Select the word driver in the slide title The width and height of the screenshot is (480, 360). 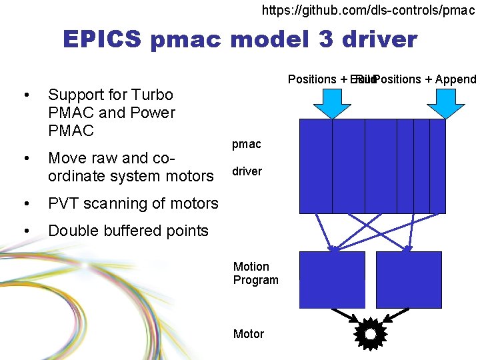[379, 39]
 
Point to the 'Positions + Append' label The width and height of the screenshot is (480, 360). [425, 79]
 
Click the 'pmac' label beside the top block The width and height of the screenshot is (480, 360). [246, 144]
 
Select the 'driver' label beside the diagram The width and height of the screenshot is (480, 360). [247, 171]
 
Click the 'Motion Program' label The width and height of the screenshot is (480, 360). [255, 273]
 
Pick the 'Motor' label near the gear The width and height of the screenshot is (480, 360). [248, 334]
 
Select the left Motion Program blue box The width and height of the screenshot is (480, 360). [332, 279]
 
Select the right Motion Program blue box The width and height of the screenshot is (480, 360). [409, 279]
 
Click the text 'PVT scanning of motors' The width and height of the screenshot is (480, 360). [133, 203]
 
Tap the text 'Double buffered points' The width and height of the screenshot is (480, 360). [128, 231]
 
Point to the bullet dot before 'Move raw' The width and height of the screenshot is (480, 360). [25, 159]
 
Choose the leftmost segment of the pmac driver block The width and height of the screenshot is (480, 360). [315, 166]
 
